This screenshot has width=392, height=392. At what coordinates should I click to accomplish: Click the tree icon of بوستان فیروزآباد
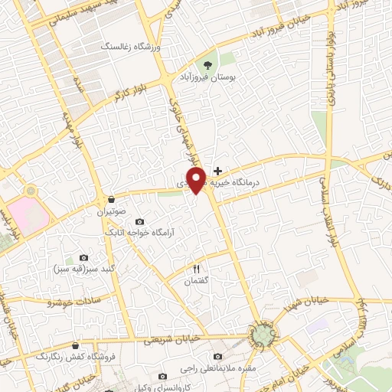(x=208, y=64)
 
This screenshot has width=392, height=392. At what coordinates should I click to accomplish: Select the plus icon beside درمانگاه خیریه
(x=218, y=171)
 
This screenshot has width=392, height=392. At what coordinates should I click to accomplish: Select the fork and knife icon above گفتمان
(x=196, y=269)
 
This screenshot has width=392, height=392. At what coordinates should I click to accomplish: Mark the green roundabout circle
(x=263, y=335)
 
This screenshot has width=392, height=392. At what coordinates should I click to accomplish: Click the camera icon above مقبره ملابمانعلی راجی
(x=218, y=357)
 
